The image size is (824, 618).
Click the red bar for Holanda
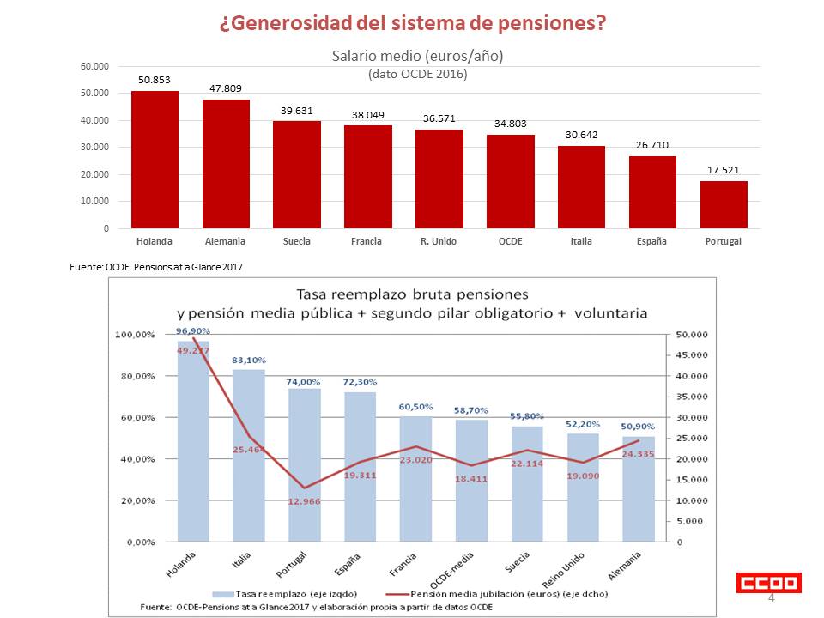pyautogui.click(x=154, y=160)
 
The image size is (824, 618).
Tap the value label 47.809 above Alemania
pyautogui.click(x=226, y=88)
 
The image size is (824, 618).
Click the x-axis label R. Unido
pyautogui.click(x=439, y=241)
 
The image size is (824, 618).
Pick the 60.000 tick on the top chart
pyautogui.click(x=94, y=66)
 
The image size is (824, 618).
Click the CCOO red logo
pyautogui.click(x=769, y=583)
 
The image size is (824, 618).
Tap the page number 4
pyautogui.click(x=771, y=597)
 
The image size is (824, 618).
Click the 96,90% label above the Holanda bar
pyautogui.click(x=193, y=330)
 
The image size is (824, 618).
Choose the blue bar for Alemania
pyautogui.click(x=639, y=489)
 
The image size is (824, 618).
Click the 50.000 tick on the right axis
pyautogui.click(x=691, y=334)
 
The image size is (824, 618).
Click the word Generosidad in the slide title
pyautogui.click(x=300, y=23)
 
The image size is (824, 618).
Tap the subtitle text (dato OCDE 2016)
pyautogui.click(x=417, y=74)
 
